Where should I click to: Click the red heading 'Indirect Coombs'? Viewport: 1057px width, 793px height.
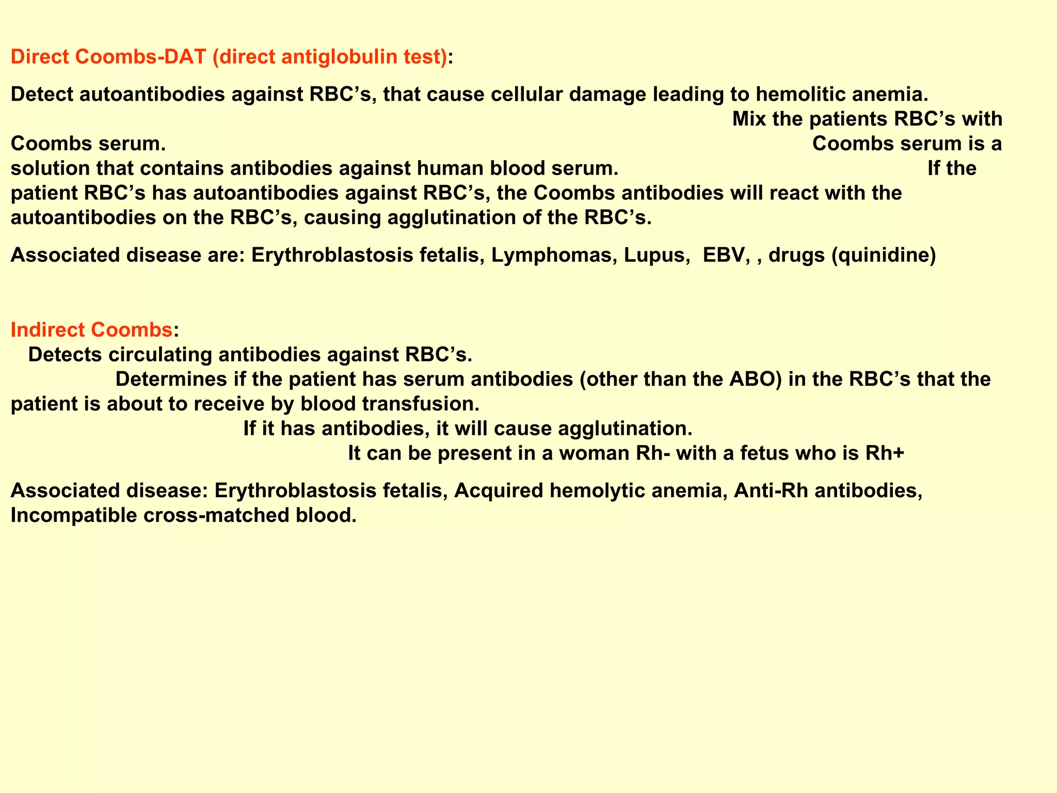[x=91, y=330]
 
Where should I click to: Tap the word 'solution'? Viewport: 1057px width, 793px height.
[x=50, y=169]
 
